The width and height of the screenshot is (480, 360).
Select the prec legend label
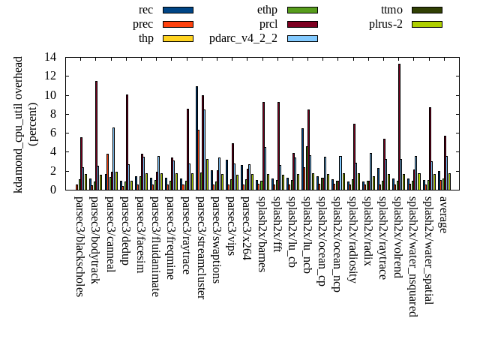coord(142,24)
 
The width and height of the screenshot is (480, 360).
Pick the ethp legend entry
coord(267,10)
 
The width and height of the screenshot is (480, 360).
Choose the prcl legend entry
coord(268,24)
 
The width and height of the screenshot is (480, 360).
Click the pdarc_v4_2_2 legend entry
coord(243,38)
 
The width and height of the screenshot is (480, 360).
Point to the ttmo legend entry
coord(391,10)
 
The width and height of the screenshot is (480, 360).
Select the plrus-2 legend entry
coord(385,24)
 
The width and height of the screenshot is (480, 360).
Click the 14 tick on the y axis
coord(50,57)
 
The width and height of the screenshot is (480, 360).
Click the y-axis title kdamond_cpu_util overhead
coord(19,124)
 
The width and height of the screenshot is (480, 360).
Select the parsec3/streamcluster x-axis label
coord(201,247)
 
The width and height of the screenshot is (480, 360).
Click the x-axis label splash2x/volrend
coord(397,241)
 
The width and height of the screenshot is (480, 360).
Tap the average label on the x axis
coord(443,216)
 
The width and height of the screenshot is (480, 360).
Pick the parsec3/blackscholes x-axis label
coord(79,247)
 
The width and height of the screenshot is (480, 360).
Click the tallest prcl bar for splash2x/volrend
coord(399,127)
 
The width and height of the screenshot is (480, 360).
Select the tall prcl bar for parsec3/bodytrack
coord(96,135)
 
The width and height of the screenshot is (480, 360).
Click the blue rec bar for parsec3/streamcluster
coord(196,138)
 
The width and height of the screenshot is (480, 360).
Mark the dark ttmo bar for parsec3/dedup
coord(127,142)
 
